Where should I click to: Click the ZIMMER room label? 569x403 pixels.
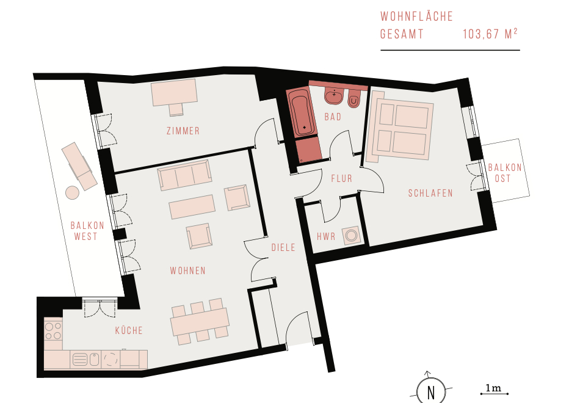[x=183, y=131]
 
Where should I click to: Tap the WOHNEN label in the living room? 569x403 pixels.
[x=188, y=270]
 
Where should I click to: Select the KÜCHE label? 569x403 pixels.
[x=129, y=330]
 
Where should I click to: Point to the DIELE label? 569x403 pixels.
[x=283, y=248]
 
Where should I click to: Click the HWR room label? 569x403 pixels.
[x=326, y=237]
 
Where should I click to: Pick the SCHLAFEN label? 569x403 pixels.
[x=431, y=193]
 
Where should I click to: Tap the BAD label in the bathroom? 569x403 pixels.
[x=333, y=117]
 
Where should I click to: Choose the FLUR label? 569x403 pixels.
[x=341, y=179]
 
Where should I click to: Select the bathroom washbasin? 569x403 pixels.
[x=335, y=96]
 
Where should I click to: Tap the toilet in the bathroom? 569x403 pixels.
[x=354, y=98]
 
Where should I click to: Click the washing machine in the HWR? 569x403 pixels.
[x=351, y=235]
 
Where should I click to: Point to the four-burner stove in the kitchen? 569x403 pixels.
[x=53, y=331]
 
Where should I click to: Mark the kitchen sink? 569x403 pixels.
[x=85, y=360]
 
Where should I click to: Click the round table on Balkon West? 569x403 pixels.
[x=72, y=192]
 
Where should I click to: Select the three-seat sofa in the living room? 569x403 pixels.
[x=185, y=175]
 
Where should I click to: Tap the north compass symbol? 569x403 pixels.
[x=431, y=391]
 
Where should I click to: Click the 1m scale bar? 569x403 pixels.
[x=495, y=394]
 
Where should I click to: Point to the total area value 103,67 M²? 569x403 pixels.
[x=490, y=34]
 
